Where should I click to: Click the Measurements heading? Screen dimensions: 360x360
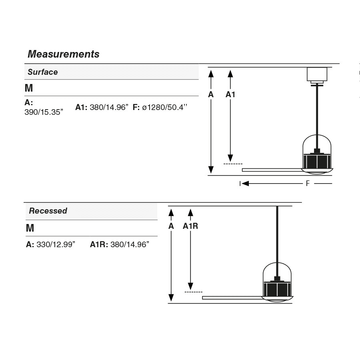click(x=63, y=54)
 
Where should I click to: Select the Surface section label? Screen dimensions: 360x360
click(x=42, y=72)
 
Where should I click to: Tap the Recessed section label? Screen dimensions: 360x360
click(x=48, y=211)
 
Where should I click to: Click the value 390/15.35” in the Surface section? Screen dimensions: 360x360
click(x=44, y=112)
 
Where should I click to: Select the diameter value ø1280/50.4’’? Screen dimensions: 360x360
click(x=164, y=107)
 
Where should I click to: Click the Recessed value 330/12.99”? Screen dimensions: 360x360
click(x=56, y=244)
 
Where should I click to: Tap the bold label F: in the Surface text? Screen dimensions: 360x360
click(x=136, y=107)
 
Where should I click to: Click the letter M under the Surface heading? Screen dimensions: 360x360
click(x=29, y=88)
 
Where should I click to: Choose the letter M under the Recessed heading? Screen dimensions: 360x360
click(x=30, y=228)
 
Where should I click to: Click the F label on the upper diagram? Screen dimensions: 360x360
click(x=308, y=184)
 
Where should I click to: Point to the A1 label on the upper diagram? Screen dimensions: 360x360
click(x=230, y=94)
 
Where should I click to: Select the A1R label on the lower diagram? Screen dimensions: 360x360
click(x=190, y=226)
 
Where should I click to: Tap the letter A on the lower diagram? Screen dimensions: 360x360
click(x=171, y=226)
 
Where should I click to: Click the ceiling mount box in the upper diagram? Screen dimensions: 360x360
click(x=317, y=75)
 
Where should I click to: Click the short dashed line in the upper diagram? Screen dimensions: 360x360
click(x=233, y=164)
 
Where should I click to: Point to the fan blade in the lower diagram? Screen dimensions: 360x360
click(x=232, y=298)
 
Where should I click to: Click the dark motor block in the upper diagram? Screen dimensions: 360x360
click(x=317, y=161)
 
